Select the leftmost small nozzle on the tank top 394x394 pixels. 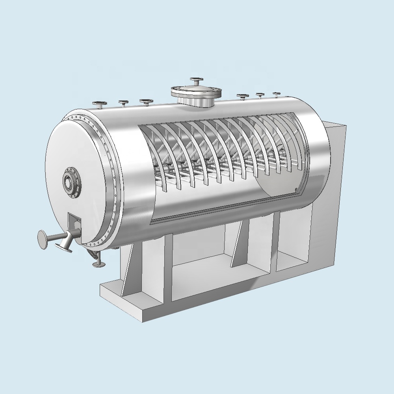click(x=99, y=104)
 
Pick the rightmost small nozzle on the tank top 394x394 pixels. click(x=277, y=94)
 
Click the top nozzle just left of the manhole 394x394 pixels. click(x=146, y=102)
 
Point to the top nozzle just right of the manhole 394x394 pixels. click(x=242, y=96)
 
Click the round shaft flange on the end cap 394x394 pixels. click(x=71, y=182)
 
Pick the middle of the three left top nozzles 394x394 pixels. click(x=123, y=103)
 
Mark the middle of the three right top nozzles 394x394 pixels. click(x=260, y=95)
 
